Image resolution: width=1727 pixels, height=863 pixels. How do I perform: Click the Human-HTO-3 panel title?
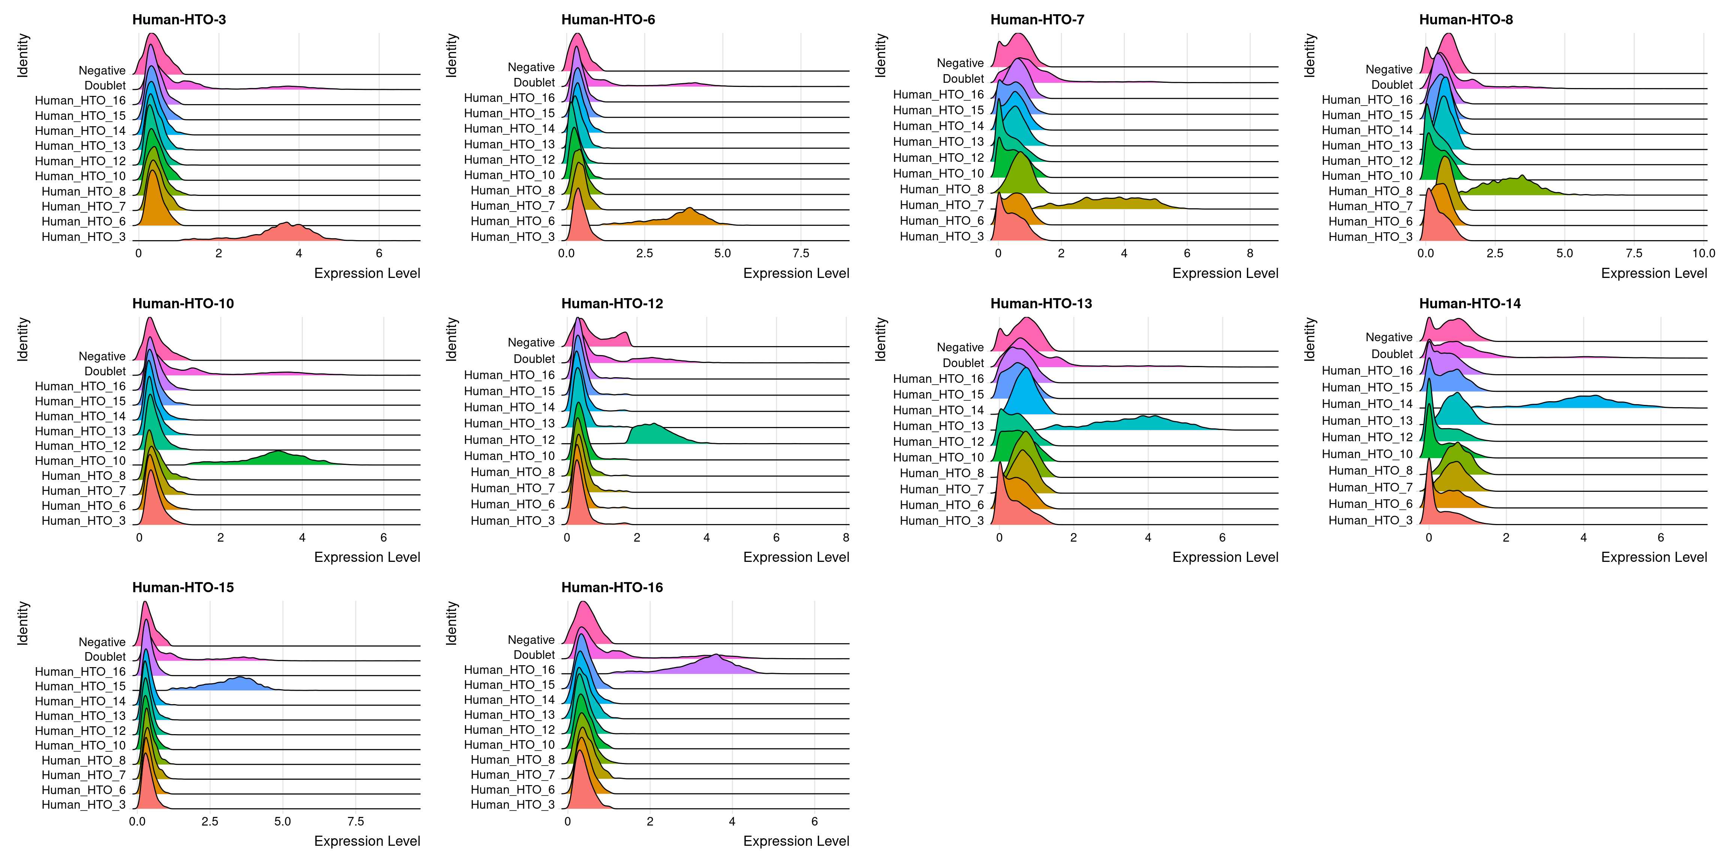(179, 19)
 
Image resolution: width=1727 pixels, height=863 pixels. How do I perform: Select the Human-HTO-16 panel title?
(611, 588)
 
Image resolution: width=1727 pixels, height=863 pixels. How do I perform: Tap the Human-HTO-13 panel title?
(1040, 303)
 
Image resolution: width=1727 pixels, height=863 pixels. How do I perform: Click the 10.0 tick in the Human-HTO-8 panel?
(1703, 253)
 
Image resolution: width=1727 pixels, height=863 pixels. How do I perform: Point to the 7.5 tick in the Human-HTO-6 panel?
(801, 253)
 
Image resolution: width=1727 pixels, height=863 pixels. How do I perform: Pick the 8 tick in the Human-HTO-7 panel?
(1250, 253)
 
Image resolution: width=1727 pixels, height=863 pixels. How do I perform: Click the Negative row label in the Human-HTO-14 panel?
(1389, 337)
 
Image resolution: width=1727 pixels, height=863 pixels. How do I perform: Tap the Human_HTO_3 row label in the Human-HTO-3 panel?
(83, 236)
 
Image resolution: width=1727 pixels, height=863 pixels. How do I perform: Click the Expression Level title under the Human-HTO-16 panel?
(796, 841)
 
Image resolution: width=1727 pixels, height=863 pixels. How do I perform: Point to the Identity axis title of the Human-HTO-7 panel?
(881, 55)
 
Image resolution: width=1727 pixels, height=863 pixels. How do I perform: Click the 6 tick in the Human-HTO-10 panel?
(383, 538)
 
